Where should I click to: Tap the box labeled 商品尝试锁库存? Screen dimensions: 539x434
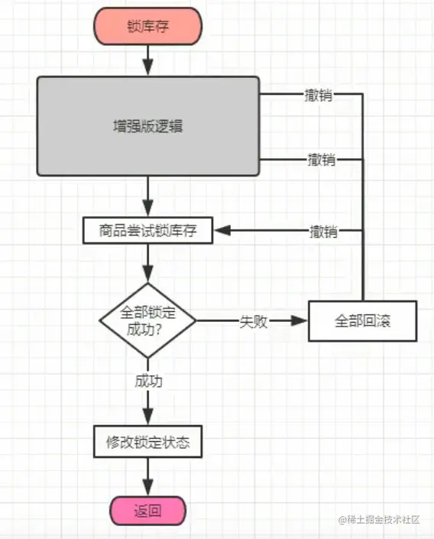[x=147, y=230]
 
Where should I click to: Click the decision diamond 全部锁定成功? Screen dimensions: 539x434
[x=147, y=321]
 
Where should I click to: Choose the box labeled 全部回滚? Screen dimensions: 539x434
[x=362, y=321]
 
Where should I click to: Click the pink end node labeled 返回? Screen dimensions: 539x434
[x=147, y=511]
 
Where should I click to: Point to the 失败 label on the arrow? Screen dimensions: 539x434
[x=254, y=322]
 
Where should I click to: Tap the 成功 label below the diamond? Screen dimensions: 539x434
[x=148, y=382]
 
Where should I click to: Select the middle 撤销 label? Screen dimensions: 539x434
[x=322, y=160]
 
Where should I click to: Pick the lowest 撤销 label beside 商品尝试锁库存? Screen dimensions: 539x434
[x=324, y=231]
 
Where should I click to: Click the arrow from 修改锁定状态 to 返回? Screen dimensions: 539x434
[x=147, y=477]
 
